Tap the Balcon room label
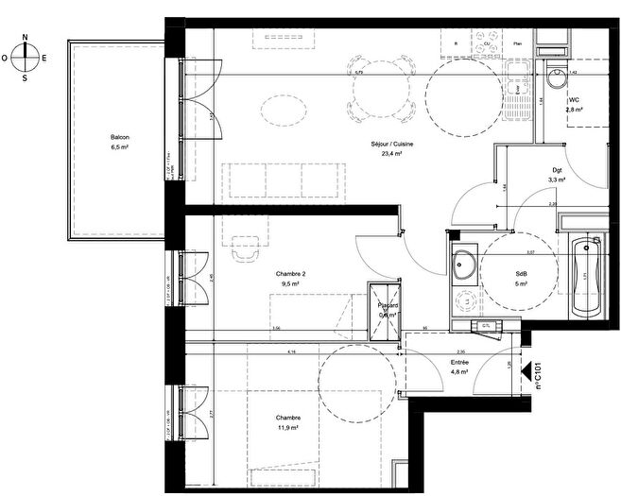click(119, 138)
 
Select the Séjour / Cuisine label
click(387, 144)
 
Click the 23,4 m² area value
click(387, 153)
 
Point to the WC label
click(573, 100)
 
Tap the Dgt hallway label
click(558, 170)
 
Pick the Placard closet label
click(388, 305)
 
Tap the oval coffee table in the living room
click(283, 112)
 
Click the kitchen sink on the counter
click(517, 79)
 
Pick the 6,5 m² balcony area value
click(119, 147)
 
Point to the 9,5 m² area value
click(289, 283)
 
